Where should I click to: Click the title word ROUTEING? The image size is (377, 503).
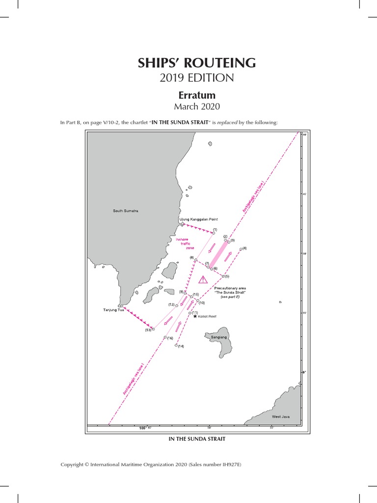tap(227, 63)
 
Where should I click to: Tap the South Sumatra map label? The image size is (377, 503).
tap(126, 211)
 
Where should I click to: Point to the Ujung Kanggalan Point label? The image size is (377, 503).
tap(198, 219)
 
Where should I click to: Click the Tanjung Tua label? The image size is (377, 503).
tap(113, 310)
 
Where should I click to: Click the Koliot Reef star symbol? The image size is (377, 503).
tap(195, 316)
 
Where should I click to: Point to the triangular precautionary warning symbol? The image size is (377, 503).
tap(203, 280)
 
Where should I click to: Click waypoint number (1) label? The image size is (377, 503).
tap(215, 229)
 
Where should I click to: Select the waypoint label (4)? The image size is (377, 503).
tap(244, 248)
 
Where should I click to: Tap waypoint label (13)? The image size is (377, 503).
tap(148, 330)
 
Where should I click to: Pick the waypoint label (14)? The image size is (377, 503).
tap(181, 346)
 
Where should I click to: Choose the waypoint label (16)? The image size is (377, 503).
tap(170, 338)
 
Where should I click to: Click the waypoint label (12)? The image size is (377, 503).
tap(172, 305)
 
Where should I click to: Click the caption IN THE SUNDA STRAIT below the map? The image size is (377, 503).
tap(197, 439)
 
